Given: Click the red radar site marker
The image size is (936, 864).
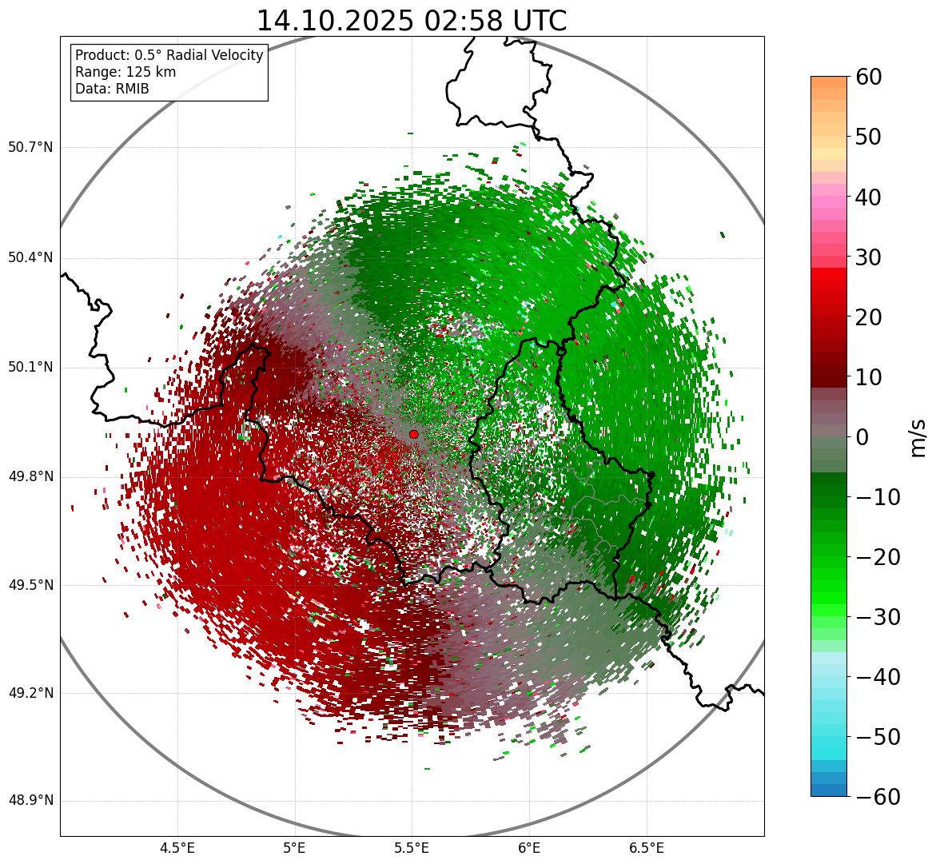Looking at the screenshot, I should click(x=413, y=434).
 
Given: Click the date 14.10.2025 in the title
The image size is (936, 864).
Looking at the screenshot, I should click(x=337, y=21).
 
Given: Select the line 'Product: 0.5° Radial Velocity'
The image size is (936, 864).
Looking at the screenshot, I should click(x=169, y=55).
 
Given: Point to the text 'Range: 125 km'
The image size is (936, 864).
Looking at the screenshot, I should click(x=125, y=72).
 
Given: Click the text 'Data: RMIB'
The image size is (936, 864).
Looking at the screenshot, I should click(x=112, y=89).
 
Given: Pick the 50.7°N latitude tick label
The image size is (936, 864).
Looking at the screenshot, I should click(x=30, y=148).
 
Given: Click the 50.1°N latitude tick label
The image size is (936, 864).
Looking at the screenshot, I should click(x=30, y=368).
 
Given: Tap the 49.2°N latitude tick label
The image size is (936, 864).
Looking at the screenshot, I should click(x=30, y=693).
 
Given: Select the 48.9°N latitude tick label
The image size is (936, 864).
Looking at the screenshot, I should click(x=30, y=801).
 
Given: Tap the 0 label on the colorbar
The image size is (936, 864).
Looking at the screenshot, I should click(x=862, y=437).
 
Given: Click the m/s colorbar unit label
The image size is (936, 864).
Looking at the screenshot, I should click(x=919, y=437).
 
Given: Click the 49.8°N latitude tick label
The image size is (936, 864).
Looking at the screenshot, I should click(x=30, y=477).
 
